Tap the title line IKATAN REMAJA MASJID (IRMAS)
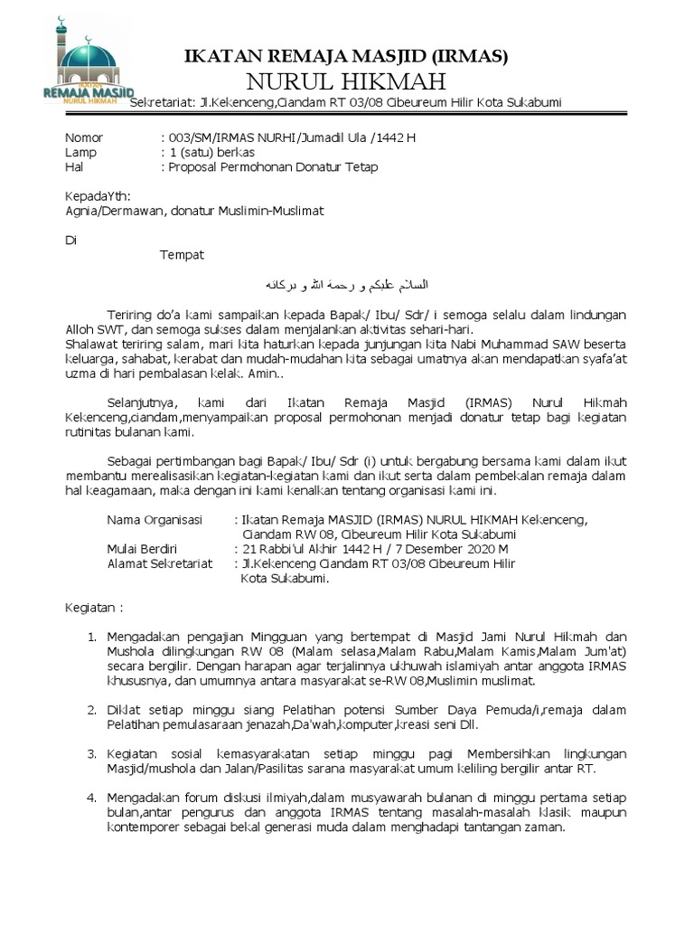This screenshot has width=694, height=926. coord(346,56)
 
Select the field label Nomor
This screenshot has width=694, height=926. coord(84,137)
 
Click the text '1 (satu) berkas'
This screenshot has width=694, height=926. coord(207,152)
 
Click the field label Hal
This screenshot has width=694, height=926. coord(74,167)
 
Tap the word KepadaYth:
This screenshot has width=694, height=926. coord(98,196)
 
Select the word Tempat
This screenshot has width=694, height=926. coord(183,254)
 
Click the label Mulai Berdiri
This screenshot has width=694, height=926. coord(142,548)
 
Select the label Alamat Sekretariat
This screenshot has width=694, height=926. coord(160,562)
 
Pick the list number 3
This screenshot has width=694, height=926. coord(90,753)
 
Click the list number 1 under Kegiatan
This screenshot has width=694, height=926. coord(90,637)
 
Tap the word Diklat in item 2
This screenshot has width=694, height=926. coord(124,710)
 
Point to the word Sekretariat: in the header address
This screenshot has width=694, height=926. coord(164,102)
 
